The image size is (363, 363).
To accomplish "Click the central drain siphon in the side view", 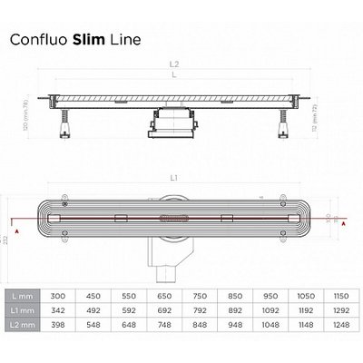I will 171,123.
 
